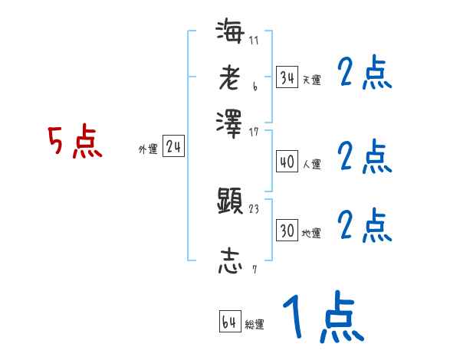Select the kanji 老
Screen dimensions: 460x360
click(230, 77)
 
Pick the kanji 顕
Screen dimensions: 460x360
click(230, 201)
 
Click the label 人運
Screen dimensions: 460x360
click(311, 164)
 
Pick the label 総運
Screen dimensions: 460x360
click(254, 325)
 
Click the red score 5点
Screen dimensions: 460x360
click(75, 143)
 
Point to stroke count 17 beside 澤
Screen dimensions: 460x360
click(254, 132)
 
